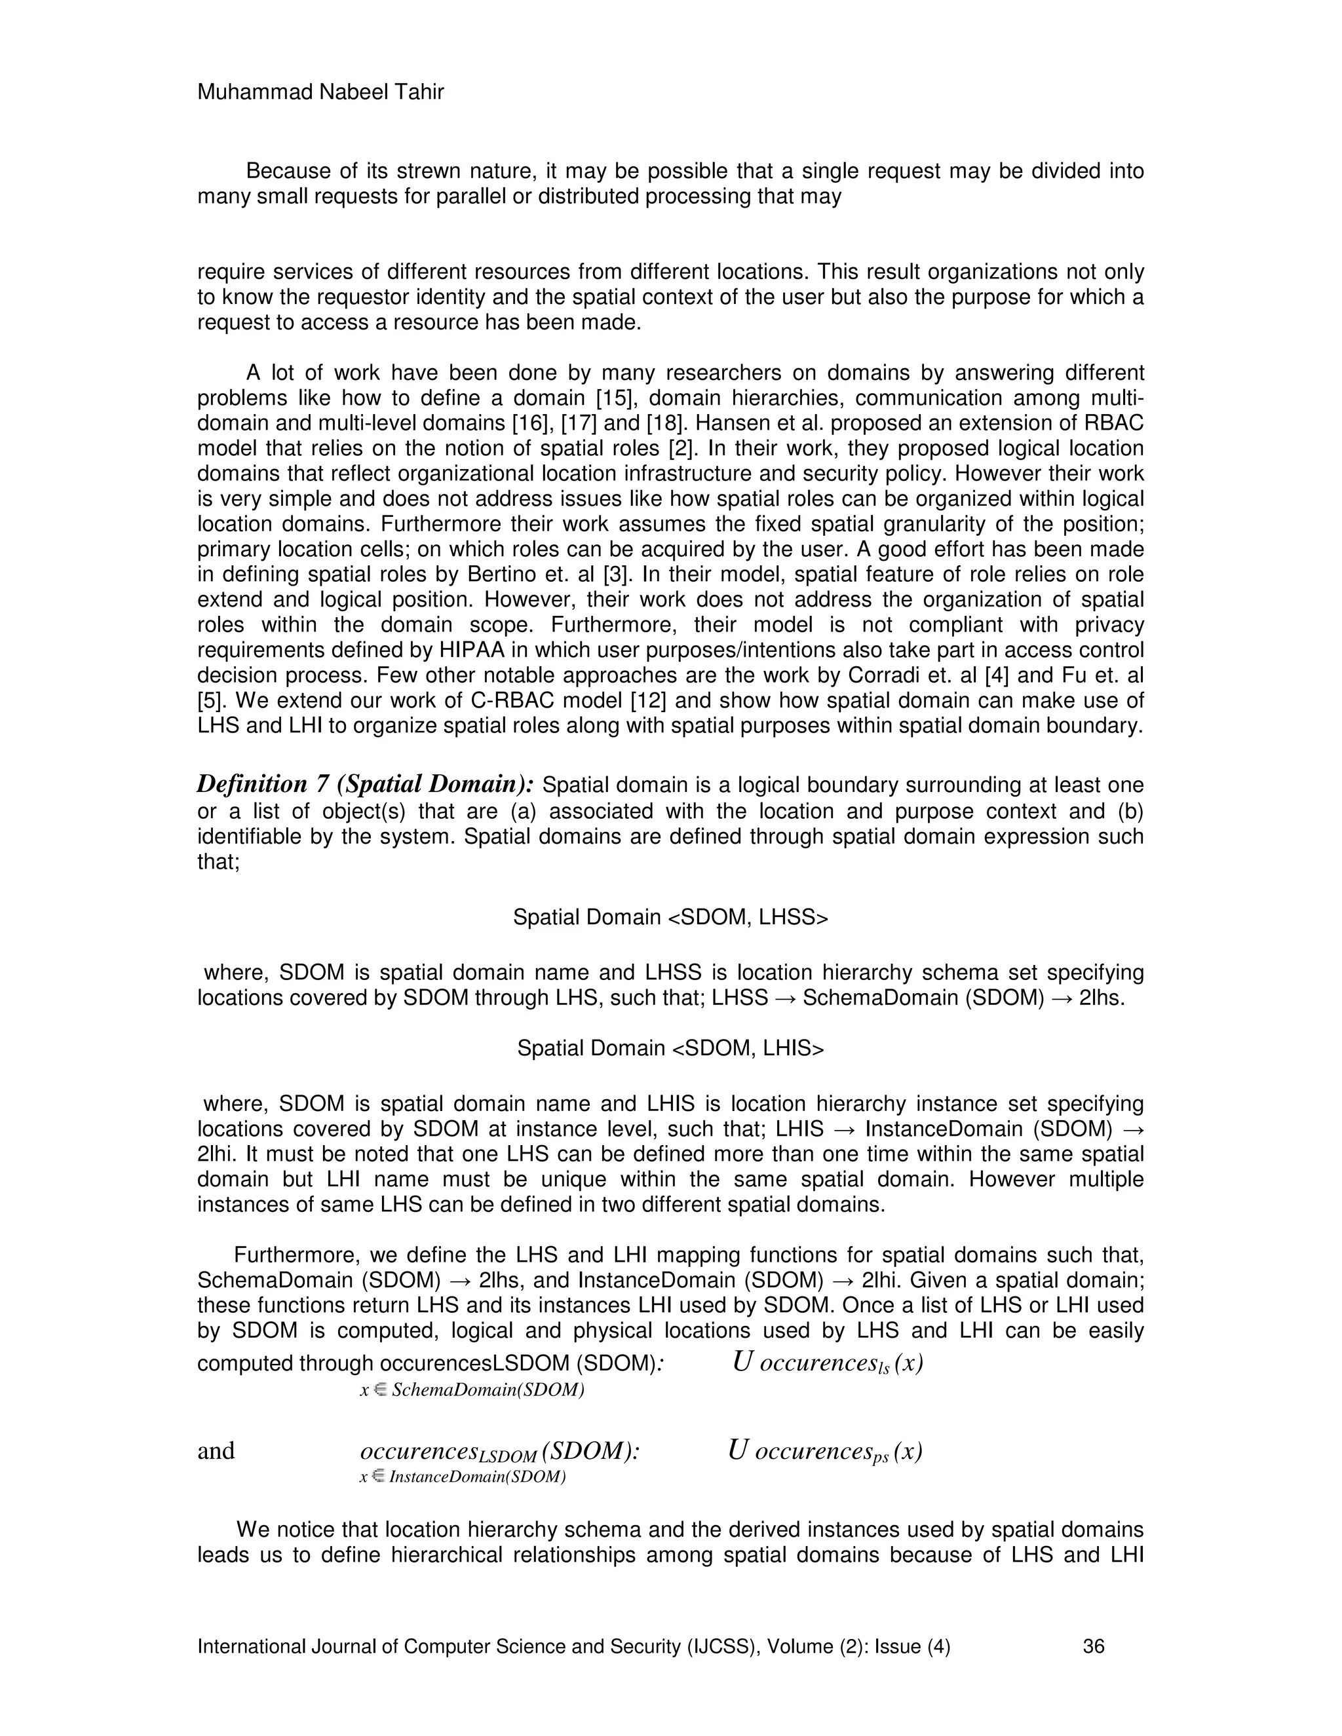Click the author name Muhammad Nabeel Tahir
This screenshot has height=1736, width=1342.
tap(320, 93)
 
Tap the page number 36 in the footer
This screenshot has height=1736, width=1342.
tap(1093, 1646)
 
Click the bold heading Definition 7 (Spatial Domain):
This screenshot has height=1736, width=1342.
tap(365, 785)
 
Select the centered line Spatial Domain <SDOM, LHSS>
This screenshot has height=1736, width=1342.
tap(670, 917)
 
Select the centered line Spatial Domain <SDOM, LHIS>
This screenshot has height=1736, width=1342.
tap(670, 1048)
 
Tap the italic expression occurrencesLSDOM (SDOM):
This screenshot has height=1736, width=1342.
tap(500, 1452)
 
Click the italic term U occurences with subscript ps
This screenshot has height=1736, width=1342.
tap(824, 1452)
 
